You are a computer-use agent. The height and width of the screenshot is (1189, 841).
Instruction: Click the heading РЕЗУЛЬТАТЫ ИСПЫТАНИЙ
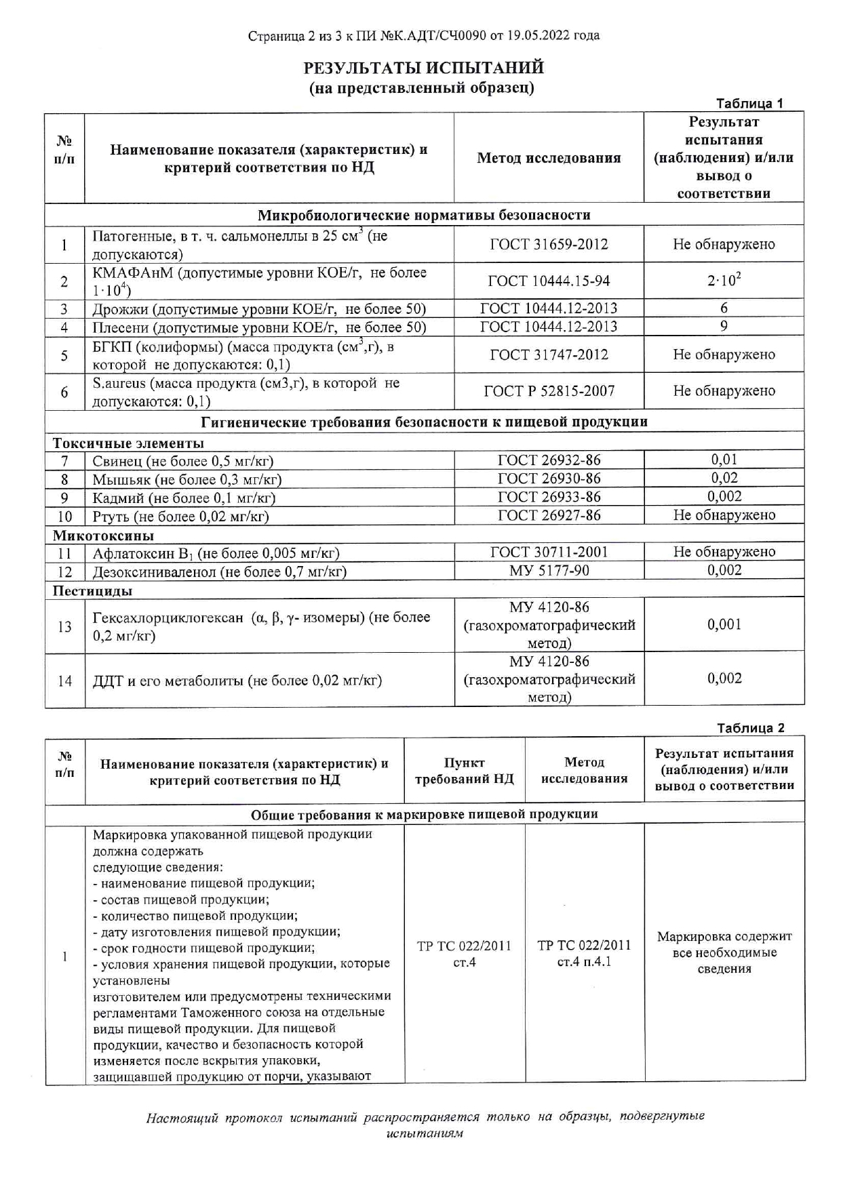click(x=423, y=68)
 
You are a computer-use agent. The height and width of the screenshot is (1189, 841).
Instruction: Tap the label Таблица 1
click(x=749, y=104)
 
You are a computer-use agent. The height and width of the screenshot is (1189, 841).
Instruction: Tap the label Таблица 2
click(x=750, y=728)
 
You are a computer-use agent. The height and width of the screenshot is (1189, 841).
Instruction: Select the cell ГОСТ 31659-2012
click(x=549, y=245)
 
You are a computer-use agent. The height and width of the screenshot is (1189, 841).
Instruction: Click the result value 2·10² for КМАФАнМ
click(x=724, y=281)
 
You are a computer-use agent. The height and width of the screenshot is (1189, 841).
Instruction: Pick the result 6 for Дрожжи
click(x=724, y=308)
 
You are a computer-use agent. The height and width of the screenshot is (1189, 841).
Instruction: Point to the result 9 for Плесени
click(x=724, y=326)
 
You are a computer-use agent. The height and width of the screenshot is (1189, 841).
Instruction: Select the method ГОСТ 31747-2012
click(x=549, y=355)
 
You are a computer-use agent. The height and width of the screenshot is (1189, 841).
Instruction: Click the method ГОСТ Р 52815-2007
click(x=549, y=391)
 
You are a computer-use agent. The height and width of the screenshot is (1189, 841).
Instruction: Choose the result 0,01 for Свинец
click(x=724, y=460)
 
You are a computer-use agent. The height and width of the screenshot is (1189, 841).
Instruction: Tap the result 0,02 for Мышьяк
click(x=724, y=478)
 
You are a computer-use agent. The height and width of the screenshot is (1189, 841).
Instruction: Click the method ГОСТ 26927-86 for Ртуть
click(x=549, y=515)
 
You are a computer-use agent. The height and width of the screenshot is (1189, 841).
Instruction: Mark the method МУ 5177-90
click(x=549, y=571)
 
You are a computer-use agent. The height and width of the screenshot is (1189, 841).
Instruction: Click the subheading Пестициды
click(x=93, y=590)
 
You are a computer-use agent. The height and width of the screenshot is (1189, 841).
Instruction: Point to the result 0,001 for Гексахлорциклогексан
click(x=724, y=625)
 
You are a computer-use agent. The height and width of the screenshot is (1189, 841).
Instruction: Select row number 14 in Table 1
click(x=64, y=681)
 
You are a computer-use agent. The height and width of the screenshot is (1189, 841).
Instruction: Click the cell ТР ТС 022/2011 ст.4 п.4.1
click(x=584, y=953)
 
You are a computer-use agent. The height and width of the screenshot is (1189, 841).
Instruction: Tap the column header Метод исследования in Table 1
click(x=549, y=159)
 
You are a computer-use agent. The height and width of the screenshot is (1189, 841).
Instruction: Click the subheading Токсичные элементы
click(x=129, y=443)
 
